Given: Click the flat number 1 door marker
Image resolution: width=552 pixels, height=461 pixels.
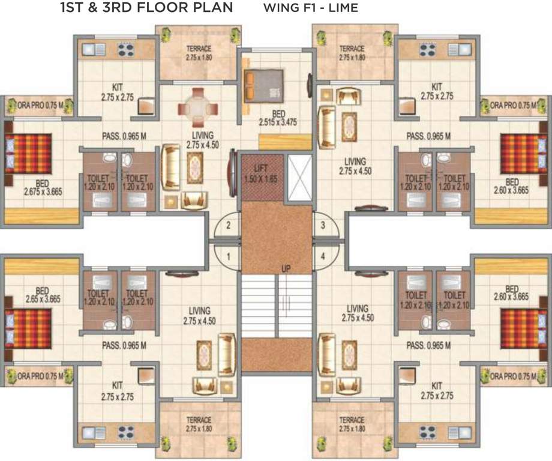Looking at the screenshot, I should tap(229, 256).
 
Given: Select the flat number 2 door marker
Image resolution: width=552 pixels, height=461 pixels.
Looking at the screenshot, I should tap(229, 226).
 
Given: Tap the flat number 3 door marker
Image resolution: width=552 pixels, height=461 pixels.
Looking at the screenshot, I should tap(323, 226).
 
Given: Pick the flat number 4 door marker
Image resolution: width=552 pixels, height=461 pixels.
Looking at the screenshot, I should tap(323, 256).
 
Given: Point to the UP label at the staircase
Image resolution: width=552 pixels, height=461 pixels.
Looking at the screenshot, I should tap(286, 268).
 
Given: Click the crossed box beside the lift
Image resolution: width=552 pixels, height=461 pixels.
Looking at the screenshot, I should tap(300, 178).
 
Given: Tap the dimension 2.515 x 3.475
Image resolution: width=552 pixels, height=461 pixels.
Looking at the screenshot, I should tap(277, 122).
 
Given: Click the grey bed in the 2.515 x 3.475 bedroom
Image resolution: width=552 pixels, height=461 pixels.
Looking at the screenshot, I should tap(263, 85).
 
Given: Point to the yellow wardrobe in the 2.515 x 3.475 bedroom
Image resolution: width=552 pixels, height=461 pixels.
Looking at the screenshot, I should tap(285, 142).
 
